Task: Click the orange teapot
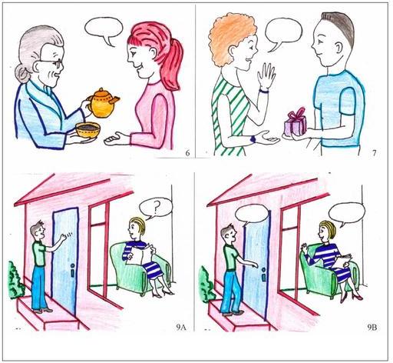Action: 103,103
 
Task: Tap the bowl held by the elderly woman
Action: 88,130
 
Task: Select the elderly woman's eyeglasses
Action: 52,63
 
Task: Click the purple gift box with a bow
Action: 296,122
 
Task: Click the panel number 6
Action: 187,153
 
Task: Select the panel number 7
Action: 375,153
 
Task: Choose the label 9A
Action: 180,328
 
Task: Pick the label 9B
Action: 372,328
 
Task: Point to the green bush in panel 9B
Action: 206,285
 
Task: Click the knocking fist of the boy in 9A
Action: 63,238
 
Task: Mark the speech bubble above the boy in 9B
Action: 252,214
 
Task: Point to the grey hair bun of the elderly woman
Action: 22,74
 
